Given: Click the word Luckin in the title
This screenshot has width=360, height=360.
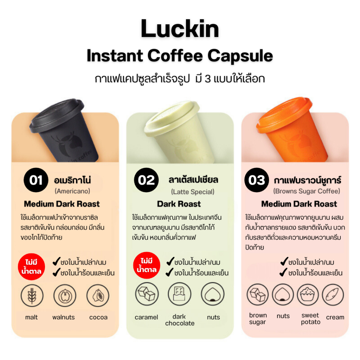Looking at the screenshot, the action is pos(180,29).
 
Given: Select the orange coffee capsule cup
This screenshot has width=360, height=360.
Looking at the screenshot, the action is pos(290,130).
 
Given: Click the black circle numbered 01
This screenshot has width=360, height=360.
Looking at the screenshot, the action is pos(36,180).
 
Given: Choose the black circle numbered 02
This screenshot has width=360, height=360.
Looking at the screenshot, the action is pos(146,180).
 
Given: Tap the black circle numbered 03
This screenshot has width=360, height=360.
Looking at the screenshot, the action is pos(256,180).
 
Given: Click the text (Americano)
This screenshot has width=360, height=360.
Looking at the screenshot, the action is pos(72,191).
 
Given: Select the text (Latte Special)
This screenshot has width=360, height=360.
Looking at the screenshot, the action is pos(193,192).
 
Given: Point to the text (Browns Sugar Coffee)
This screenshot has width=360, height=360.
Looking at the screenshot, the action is pos(307,191).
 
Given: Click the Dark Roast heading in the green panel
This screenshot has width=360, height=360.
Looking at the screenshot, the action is pos(179,204).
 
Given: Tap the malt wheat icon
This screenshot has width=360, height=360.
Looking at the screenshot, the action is pos(32,296).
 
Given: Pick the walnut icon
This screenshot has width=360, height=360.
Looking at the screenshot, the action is pos(65,296).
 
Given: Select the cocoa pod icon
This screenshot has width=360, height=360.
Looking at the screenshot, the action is pos(98,296).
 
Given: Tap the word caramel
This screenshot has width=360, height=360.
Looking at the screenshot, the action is pos(146,317).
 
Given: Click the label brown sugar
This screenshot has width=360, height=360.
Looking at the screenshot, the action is pos(258,319).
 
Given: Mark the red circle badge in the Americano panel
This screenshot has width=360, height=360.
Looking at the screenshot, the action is pos(31,267).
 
